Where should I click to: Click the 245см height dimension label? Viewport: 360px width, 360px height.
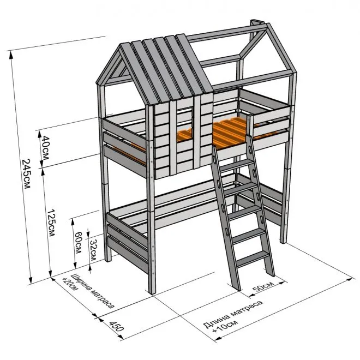pos(26,173)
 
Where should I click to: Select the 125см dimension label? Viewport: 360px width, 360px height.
pos(51,222)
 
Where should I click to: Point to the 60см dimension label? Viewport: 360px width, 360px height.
pos(77,242)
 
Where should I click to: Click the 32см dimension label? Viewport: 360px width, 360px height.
pos(93,250)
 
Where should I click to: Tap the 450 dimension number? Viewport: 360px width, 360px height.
pos(116,326)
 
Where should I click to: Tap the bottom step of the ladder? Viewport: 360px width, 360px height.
pos(252,259)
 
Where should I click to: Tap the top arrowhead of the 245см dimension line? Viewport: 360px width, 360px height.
pos(10,54)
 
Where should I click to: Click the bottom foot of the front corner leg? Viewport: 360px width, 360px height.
pos(152,292)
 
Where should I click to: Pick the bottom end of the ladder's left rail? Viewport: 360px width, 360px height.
pos(237,289)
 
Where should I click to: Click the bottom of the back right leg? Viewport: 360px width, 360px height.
pos(283,242)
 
